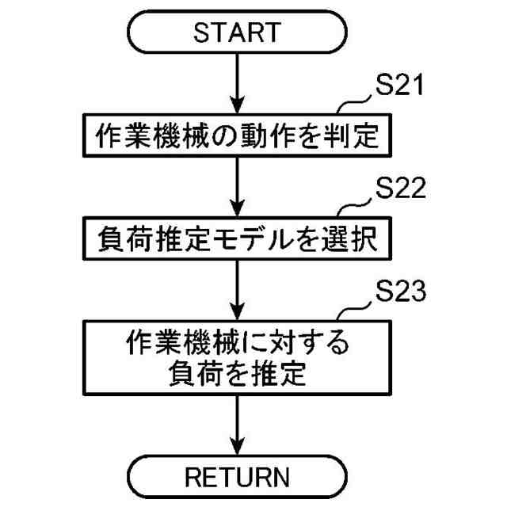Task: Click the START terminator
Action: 237,32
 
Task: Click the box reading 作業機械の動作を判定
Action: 237,136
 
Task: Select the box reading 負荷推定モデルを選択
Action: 237,238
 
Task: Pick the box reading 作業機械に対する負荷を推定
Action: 237,356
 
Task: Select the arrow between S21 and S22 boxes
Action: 237,186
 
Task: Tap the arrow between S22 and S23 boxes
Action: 237,287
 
